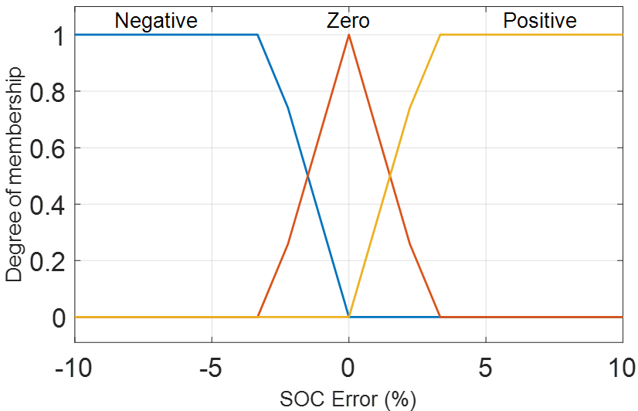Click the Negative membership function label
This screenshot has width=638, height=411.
pyautogui.click(x=156, y=20)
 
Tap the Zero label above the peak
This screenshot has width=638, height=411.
pyautogui.click(x=348, y=20)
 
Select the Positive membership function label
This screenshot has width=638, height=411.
pyautogui.click(x=540, y=20)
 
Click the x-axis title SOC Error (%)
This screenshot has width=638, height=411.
pyautogui.click(x=348, y=399)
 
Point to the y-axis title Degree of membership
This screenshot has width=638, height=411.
pyautogui.click(x=15, y=176)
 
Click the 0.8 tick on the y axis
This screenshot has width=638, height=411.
pyautogui.click(x=48, y=91)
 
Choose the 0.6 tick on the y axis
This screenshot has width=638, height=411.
pyautogui.click(x=48, y=148)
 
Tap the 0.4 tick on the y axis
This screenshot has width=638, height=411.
pyautogui.click(x=48, y=204)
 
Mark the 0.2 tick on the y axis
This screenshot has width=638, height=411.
pyautogui.click(x=48, y=260)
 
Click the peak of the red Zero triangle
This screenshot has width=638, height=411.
pyautogui.click(x=348, y=35)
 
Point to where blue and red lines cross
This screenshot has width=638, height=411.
pyautogui.click(x=307, y=175)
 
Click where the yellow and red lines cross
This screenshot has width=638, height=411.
pyautogui.click(x=390, y=175)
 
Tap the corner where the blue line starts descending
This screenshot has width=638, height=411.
pyautogui.click(x=257, y=35)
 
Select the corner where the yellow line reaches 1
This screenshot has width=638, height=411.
pyautogui.click(x=439, y=35)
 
